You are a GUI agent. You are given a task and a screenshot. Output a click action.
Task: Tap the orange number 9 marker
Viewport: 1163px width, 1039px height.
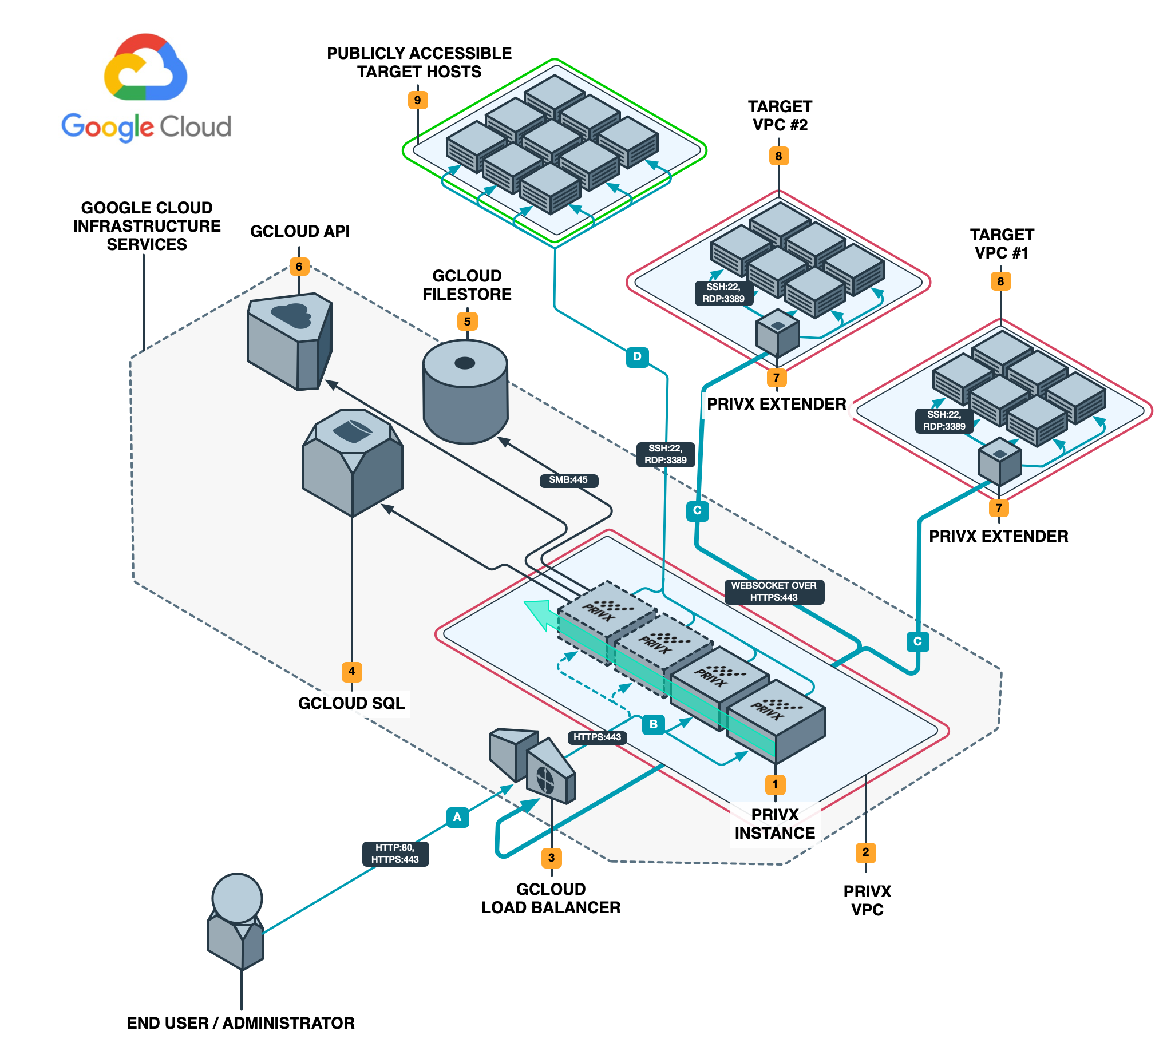pos(418,100)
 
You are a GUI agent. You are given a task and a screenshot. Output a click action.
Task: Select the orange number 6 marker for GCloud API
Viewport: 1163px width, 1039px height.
pos(299,267)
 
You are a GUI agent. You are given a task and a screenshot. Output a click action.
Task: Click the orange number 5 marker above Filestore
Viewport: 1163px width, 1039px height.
pos(467,322)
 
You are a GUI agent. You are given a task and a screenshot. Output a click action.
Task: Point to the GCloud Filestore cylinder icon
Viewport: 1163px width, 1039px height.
pos(465,392)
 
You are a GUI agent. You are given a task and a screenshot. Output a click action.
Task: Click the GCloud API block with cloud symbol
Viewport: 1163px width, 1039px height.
pos(290,341)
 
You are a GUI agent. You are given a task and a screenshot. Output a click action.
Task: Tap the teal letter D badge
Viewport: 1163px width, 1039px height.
pos(637,357)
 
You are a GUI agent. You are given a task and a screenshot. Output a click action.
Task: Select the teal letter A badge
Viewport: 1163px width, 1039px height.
pos(457,817)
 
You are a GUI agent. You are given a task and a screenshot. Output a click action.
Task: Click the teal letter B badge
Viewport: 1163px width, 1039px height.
pos(653,724)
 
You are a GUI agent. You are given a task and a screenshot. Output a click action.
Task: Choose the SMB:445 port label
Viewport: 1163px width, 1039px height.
pos(568,480)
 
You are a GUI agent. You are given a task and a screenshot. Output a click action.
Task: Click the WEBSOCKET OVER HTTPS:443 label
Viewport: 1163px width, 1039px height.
pos(774,592)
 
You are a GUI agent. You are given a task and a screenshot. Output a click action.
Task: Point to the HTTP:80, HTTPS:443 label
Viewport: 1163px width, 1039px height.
pos(395,854)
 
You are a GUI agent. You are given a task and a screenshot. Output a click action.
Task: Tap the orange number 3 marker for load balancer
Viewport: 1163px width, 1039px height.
pos(551,858)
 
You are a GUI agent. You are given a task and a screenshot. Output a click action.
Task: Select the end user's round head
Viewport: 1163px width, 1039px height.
pos(237,898)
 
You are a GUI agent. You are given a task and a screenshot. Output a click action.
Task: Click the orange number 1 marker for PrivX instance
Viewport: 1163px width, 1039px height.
pos(775,784)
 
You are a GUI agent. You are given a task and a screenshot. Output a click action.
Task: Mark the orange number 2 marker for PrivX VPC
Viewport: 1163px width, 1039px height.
pos(865,852)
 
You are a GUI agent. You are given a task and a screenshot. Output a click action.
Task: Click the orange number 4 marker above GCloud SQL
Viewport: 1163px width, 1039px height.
pos(351,671)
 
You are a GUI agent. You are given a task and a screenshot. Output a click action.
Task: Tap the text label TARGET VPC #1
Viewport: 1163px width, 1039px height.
pos(1002,244)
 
